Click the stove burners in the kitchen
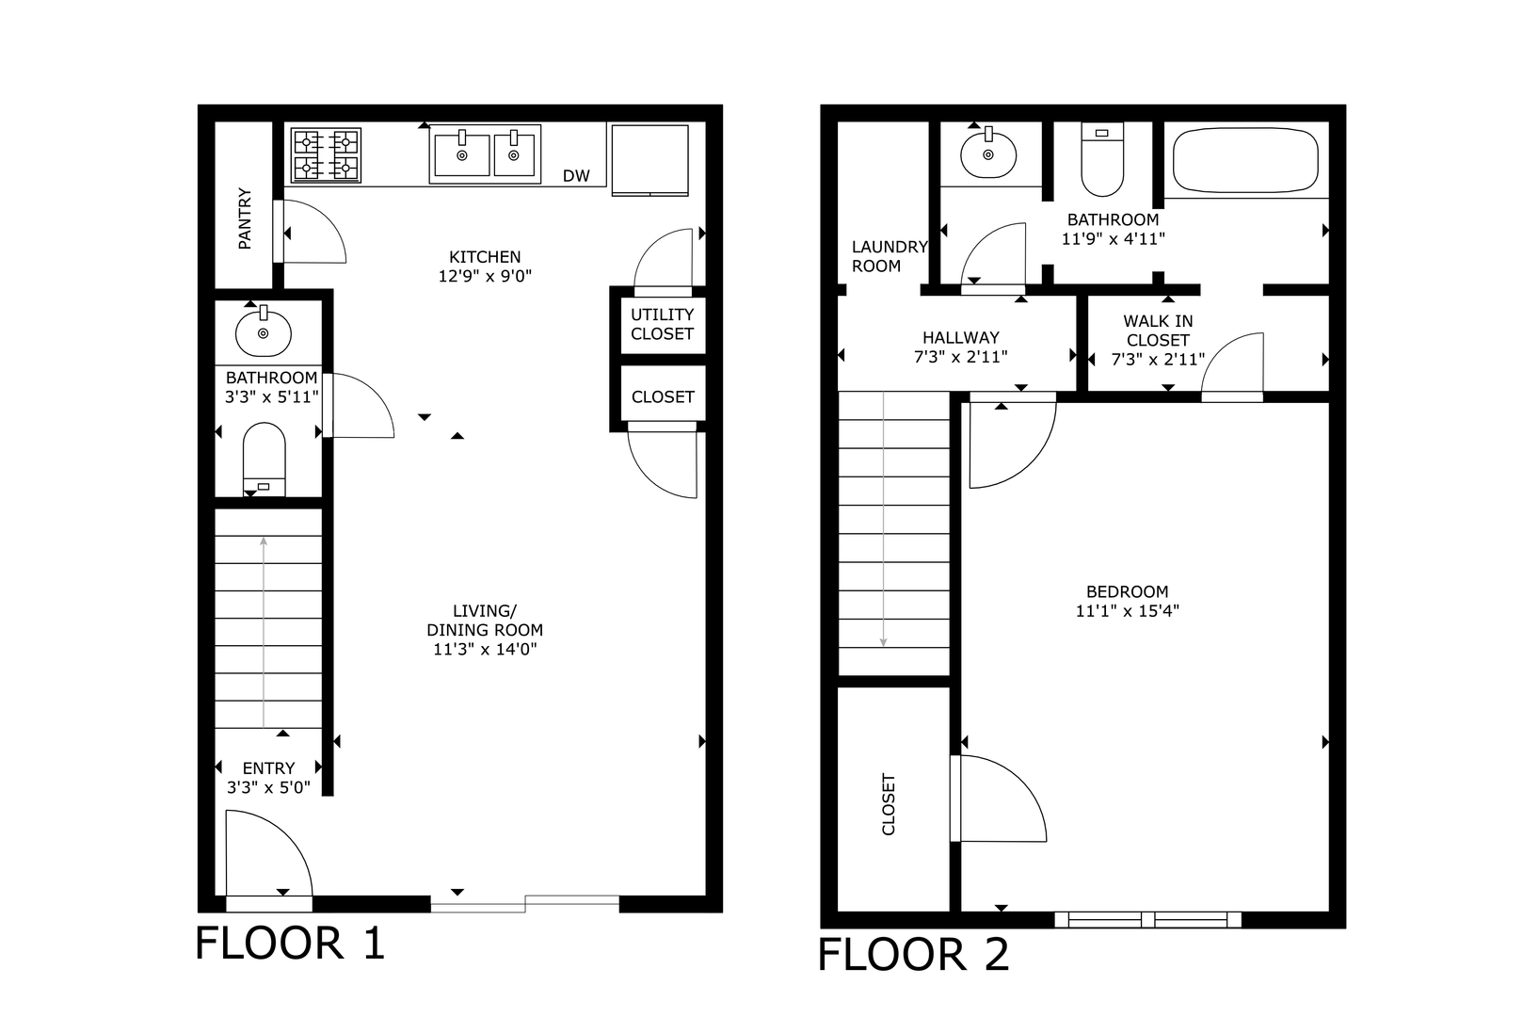[326, 155]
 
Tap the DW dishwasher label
[576, 176]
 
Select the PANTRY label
[245, 218]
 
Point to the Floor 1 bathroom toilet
[264, 459]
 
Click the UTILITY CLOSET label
[663, 324]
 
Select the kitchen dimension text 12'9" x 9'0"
[485, 276]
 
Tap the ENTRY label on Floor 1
[268, 768]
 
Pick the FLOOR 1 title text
[290, 943]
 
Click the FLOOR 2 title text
[914, 954]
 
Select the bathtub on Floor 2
[1245, 161]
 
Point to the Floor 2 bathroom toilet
[1102, 159]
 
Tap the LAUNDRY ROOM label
[890, 256]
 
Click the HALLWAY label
[960, 337]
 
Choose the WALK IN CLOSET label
[1158, 331]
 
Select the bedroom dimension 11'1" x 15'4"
[1128, 611]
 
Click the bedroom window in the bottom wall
[1148, 919]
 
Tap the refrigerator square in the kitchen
[649, 160]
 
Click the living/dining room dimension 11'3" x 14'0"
[485, 650]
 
